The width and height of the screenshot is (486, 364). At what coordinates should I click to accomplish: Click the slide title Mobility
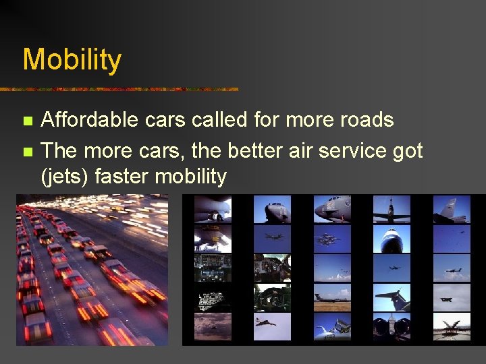[72, 59]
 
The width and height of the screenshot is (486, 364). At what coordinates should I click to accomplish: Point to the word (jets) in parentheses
[65, 177]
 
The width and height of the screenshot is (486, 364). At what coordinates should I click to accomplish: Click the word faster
[122, 177]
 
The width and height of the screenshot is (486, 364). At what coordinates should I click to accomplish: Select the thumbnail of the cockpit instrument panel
[213, 268]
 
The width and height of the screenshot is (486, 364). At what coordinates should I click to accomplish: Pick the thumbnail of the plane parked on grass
[332, 297]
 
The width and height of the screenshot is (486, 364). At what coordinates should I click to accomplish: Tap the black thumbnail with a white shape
[213, 297]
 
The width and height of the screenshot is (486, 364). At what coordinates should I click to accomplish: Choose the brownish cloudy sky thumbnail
[213, 327]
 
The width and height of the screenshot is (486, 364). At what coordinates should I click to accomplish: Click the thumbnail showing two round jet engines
[391, 327]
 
